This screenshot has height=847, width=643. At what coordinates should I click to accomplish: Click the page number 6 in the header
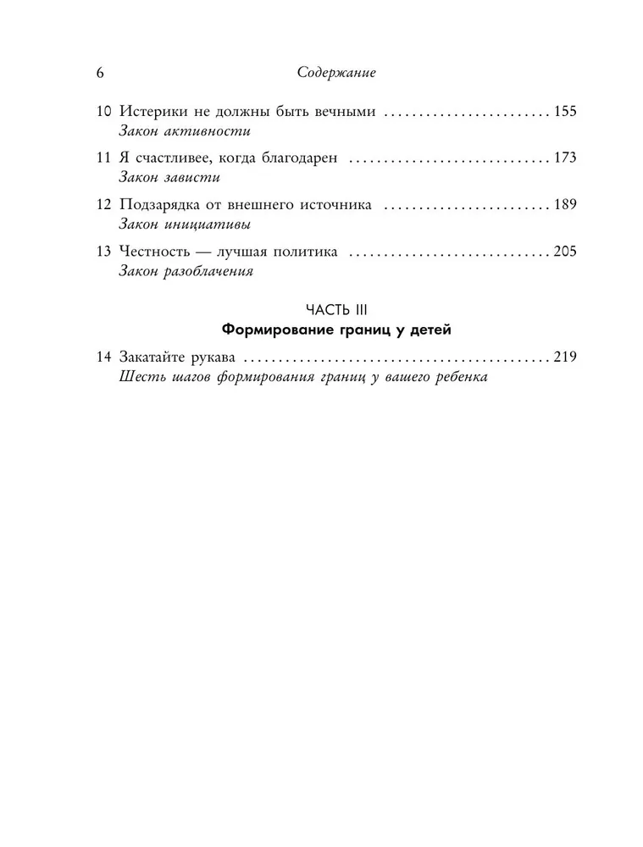[99, 74]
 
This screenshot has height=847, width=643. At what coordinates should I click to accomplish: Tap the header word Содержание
[336, 74]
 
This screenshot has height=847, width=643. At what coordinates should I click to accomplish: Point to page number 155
[563, 112]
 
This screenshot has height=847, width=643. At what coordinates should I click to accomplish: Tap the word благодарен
[293, 158]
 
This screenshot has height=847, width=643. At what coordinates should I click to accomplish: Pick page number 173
[563, 158]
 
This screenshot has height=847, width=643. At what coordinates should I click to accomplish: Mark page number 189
[563, 205]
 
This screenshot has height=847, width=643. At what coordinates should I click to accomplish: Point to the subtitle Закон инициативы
[186, 225]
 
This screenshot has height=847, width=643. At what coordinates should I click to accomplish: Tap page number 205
[563, 252]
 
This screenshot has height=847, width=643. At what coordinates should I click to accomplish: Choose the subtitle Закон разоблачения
[187, 272]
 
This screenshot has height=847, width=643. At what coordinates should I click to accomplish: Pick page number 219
[563, 357]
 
